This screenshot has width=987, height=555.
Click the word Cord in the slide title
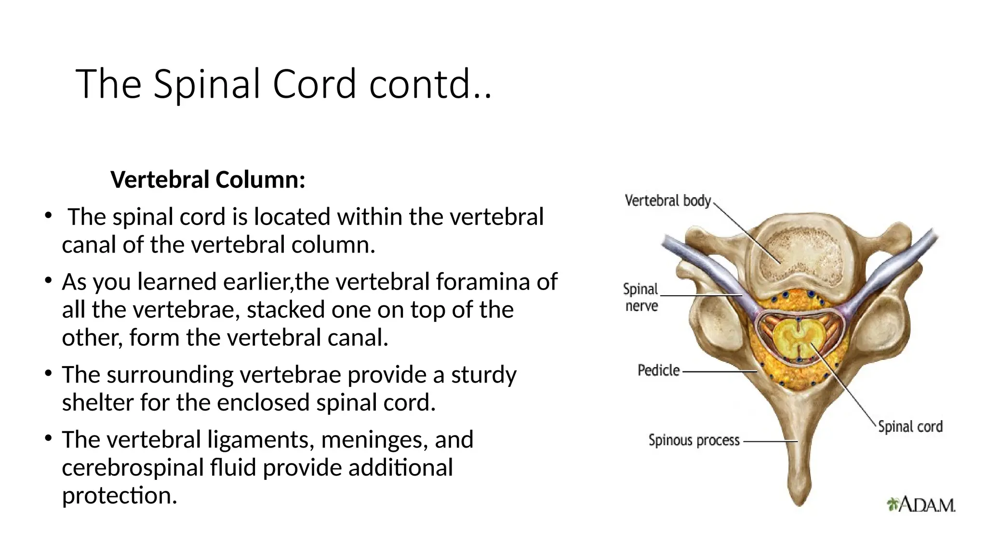tap(314, 84)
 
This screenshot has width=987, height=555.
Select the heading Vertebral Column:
tap(208, 180)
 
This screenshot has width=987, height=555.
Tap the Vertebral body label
tap(667, 200)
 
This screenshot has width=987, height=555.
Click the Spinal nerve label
tap(640, 297)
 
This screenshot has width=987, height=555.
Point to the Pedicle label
tap(658, 370)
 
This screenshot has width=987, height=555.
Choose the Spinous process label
tap(694, 440)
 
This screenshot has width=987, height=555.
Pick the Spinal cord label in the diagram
tap(910, 426)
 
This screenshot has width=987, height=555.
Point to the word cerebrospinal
tap(133, 468)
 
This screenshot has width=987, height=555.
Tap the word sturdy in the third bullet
tap(483, 375)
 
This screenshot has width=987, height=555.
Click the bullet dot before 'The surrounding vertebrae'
tap(48, 373)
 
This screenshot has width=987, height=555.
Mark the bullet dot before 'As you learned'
tap(48, 280)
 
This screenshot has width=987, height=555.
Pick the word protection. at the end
tap(120, 496)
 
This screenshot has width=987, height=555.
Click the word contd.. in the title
tap(430, 84)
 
